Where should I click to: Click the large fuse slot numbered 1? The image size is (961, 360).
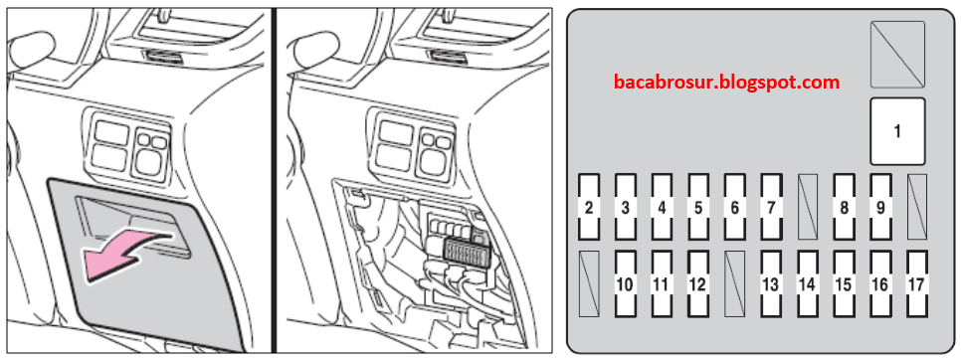point(898,131)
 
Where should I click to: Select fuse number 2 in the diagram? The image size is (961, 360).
point(589,207)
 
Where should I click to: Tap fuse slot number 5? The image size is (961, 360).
point(698,207)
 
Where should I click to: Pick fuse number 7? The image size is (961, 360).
point(771,207)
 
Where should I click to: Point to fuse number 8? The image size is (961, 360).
point(844,207)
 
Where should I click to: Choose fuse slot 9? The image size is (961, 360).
point(880,207)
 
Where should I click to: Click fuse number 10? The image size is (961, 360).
point(625,283)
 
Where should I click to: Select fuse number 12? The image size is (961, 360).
point(698,283)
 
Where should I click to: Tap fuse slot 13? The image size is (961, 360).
point(771,283)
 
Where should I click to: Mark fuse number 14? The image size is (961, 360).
point(807,283)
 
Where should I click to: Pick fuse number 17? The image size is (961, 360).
point(917,283)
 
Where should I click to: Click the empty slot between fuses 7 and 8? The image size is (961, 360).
point(808,207)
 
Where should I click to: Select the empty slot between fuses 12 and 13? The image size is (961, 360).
point(734,283)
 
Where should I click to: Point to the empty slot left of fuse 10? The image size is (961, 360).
point(589,283)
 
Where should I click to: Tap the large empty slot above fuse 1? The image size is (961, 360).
point(898,55)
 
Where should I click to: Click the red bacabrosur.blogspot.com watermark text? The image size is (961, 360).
point(726,82)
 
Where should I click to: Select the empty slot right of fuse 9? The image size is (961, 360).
point(917,207)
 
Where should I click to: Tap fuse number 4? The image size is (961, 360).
point(662,207)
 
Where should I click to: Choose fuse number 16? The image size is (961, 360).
point(880,283)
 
